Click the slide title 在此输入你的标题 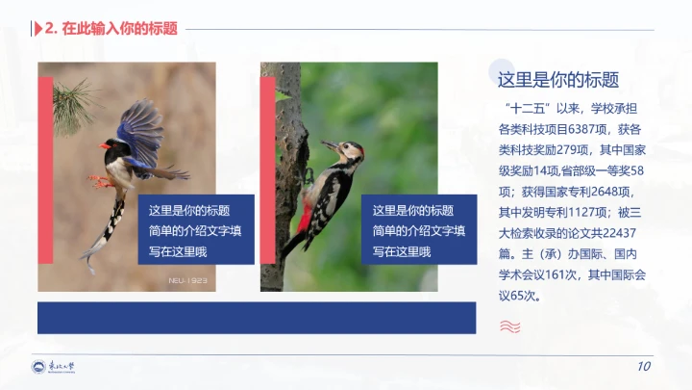point(119,28)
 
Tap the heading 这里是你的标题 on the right point(557,80)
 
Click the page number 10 point(643,367)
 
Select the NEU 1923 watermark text point(187,280)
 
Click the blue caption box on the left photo point(197,230)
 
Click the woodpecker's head point(350,150)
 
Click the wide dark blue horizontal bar point(257,317)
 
